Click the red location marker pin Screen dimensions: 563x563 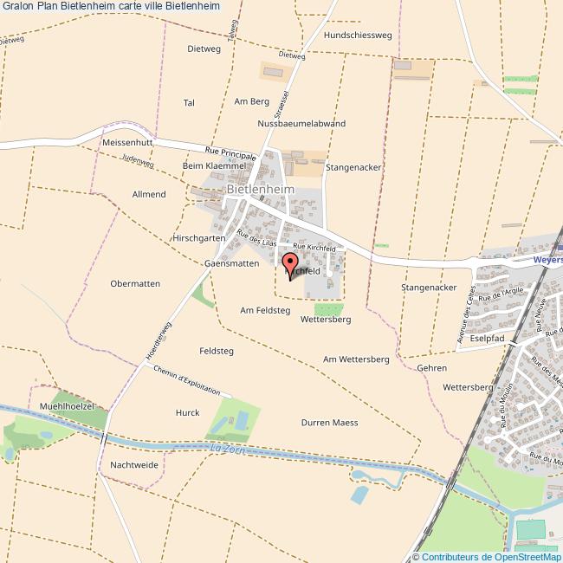click(290, 262)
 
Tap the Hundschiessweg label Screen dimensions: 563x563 click(359, 36)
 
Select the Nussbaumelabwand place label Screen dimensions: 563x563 click(301, 124)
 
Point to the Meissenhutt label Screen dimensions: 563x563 click(127, 141)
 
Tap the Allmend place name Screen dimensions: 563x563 click(149, 194)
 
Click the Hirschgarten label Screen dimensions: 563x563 click(199, 237)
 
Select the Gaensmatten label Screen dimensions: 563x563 click(231, 262)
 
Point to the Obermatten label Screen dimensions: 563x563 click(135, 283)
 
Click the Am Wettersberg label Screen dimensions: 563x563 click(356, 359)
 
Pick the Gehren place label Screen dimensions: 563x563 click(431, 368)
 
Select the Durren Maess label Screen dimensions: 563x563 click(329, 423)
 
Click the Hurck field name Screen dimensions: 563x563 click(188, 412)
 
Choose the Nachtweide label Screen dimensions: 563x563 click(134, 465)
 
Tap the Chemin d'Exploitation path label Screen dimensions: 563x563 click(184, 380)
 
